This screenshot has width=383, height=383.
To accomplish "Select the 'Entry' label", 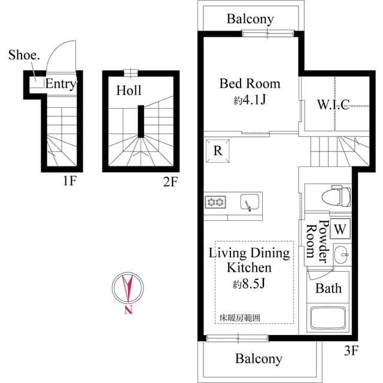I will pyautogui.click(x=60, y=84).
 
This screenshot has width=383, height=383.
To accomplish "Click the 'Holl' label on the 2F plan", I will pyautogui.click(x=129, y=90).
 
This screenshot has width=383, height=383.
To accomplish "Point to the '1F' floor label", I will pyautogui.click(x=69, y=181).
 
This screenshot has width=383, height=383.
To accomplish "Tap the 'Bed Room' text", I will pyautogui.click(x=250, y=83).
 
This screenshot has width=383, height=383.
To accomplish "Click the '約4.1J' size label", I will pyautogui.click(x=250, y=100).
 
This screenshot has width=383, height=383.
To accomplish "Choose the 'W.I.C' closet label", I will pyautogui.click(x=333, y=105).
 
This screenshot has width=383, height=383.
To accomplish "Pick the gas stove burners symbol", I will pyautogui.click(x=215, y=202).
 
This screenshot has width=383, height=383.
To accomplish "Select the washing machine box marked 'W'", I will pyautogui.click(x=340, y=228).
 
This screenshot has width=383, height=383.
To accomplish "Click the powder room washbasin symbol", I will pyautogui.click(x=341, y=254).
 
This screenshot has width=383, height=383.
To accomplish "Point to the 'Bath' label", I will pyautogui.click(x=329, y=288).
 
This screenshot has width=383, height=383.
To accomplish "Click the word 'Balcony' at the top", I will pyautogui.click(x=250, y=19).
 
